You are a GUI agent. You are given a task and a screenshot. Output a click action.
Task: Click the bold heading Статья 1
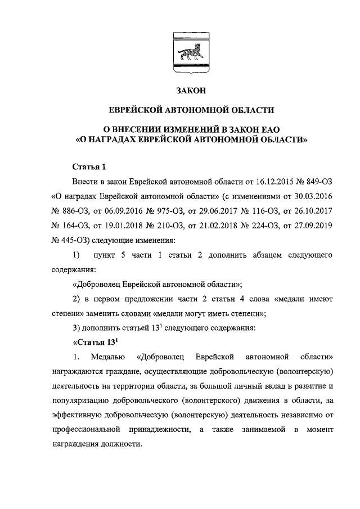click(89, 167)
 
